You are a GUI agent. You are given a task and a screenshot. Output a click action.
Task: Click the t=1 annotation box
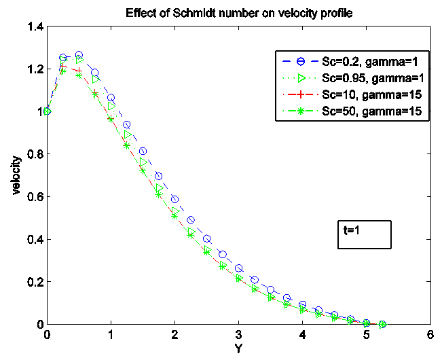pyautogui.click(x=363, y=232)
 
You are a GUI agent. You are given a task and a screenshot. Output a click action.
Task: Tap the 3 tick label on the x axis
pyautogui.click(x=238, y=335)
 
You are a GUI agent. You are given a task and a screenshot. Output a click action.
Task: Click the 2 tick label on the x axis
pyautogui.click(x=174, y=335)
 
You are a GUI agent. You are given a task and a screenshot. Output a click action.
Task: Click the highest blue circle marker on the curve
pyautogui.click(x=79, y=55)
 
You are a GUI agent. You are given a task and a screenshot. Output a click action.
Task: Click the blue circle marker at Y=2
pyautogui.click(x=174, y=199)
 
